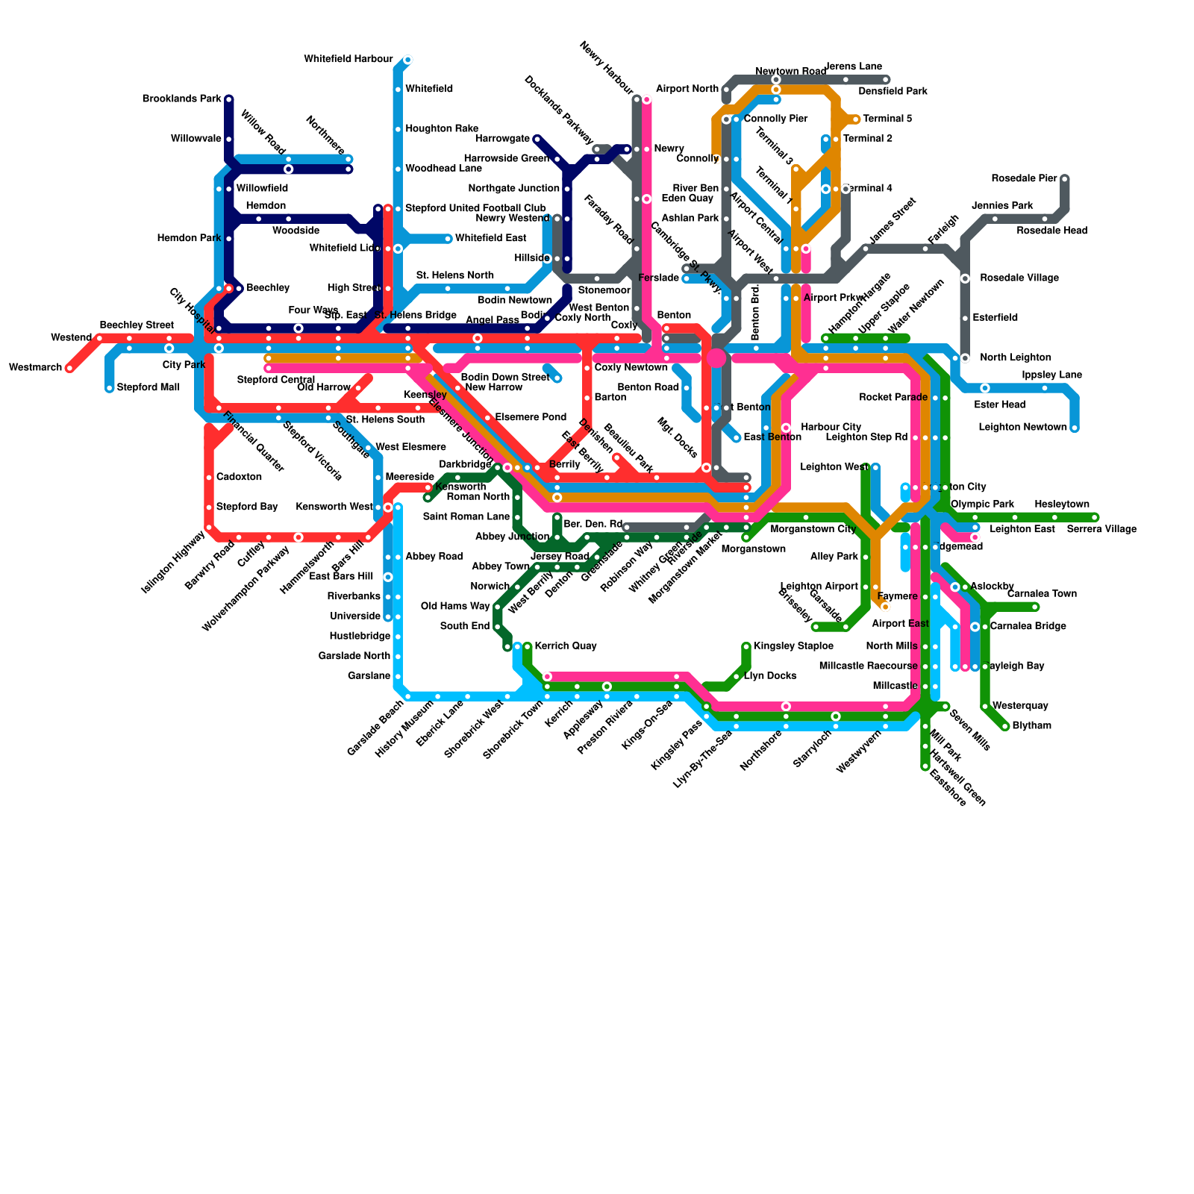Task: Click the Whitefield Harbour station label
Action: tap(348, 60)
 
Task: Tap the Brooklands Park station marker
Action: tap(229, 99)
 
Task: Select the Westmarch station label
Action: tap(35, 368)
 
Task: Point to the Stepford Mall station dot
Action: tap(110, 388)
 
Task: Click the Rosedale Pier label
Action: tap(1024, 179)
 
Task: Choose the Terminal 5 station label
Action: tap(887, 119)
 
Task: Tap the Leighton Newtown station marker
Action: tap(1075, 428)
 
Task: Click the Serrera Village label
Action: tap(1101, 529)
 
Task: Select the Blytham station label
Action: tap(1031, 726)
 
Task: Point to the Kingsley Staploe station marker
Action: tap(746, 646)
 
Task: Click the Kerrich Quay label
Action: tap(566, 646)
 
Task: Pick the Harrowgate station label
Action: tap(502, 139)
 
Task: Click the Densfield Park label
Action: tap(893, 92)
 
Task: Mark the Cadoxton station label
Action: tap(239, 478)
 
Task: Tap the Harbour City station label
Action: tap(831, 428)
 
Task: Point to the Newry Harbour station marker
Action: tap(646, 99)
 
